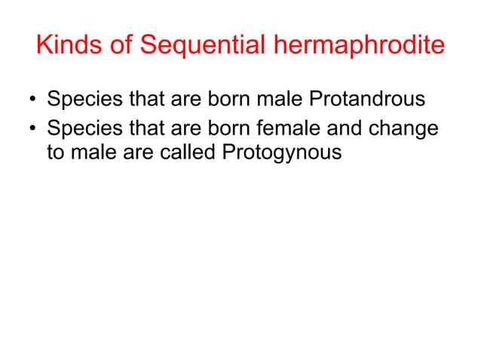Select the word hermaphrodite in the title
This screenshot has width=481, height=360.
coord(354,46)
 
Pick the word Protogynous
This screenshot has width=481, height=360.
coord(283,152)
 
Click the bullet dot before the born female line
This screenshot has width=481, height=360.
coord(32,127)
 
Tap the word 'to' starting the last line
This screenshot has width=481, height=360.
coord(56,152)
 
